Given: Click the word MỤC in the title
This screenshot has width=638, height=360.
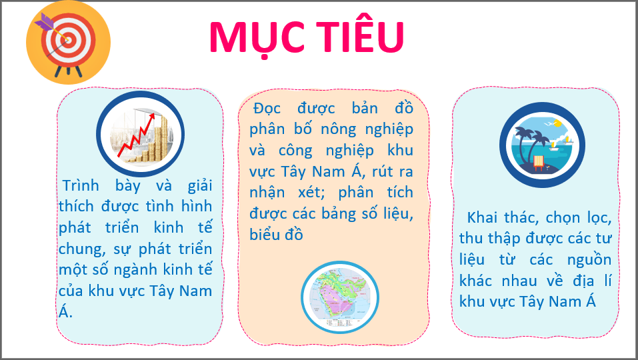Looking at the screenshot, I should coord(254,37).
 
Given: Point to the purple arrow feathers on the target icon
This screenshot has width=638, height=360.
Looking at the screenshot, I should coord(45,22).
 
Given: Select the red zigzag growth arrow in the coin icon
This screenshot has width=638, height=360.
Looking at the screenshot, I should coord(140,136).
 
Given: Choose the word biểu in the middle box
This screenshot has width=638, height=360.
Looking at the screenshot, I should coord(267,235).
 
